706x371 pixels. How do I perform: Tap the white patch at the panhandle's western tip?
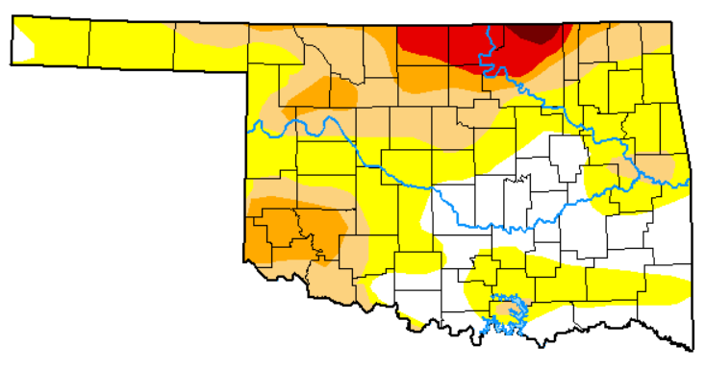point(23,44)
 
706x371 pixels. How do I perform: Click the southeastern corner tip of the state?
point(689,348)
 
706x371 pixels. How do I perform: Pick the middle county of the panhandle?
point(132,43)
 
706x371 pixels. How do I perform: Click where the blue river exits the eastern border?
point(688,183)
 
